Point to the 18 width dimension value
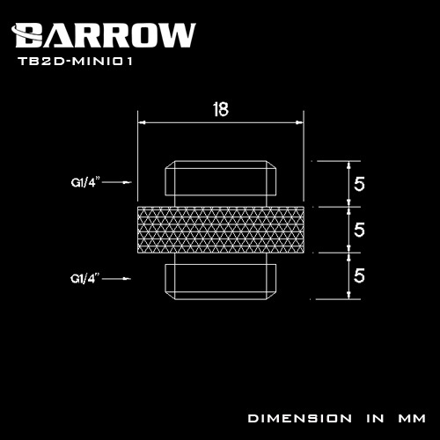pyautogui.click(x=221, y=109)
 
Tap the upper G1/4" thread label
pyautogui.click(x=85, y=184)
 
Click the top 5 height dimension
pyautogui.click(x=358, y=185)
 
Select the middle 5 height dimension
pyautogui.click(x=358, y=231)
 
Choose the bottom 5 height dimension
pyautogui.click(x=358, y=275)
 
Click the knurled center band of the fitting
pyautogui.click(x=221, y=231)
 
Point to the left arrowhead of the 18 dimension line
pyautogui.click(x=142, y=123)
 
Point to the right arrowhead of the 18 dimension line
pyautogui.click(x=299, y=123)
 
